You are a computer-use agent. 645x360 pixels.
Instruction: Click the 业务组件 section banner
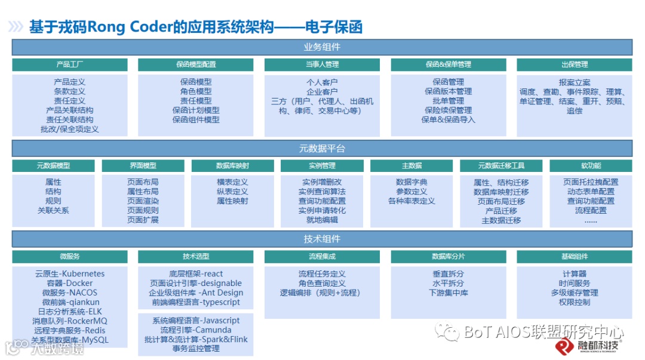[322, 47]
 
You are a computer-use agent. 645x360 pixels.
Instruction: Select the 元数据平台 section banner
[322, 148]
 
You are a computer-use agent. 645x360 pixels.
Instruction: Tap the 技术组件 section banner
[322, 239]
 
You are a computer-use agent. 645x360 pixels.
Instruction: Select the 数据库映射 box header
[232, 165]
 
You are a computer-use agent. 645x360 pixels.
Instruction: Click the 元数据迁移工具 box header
[501, 165]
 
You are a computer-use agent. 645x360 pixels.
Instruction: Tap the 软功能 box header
[591, 165]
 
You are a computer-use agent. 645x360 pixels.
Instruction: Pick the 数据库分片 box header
[448, 257]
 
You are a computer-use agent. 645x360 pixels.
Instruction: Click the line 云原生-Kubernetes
[69, 274]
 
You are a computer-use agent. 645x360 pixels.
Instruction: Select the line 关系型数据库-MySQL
[69, 340]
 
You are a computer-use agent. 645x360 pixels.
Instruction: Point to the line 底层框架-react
[196, 274]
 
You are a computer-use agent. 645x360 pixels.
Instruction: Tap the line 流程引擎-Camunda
[196, 330]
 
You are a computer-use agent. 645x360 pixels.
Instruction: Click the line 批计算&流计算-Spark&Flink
[196, 340]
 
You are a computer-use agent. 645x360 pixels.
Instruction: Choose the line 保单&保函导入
[448, 120]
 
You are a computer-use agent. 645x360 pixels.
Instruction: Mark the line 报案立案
[575, 82]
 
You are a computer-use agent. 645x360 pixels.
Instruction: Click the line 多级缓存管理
[575, 293]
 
